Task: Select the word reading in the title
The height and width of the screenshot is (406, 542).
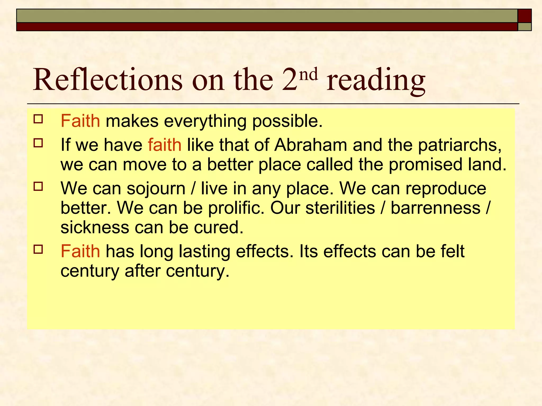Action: pos(376,80)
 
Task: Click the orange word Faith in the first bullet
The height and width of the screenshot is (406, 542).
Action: pos(80,121)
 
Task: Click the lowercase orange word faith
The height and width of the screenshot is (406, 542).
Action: pos(165,145)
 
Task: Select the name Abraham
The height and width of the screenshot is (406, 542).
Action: pos(311,145)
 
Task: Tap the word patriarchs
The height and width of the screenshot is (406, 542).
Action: pos(460,145)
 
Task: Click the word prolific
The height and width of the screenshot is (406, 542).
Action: pos(236,208)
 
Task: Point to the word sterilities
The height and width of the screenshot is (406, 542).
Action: pos(340,208)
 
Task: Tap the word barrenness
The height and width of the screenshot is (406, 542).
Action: pos(435,208)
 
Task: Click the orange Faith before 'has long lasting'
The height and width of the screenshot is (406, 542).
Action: pos(80,251)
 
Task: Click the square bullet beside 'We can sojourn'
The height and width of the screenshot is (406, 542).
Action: pos(38,187)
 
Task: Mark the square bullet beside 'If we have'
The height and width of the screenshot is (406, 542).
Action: pos(38,143)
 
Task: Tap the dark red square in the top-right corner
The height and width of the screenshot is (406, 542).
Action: pos(525,16)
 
